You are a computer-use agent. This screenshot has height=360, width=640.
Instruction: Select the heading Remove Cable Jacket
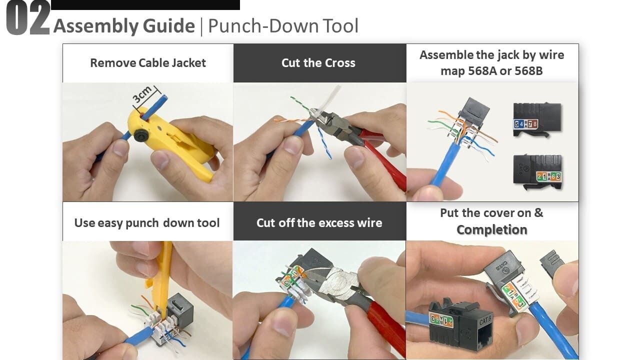click(147, 63)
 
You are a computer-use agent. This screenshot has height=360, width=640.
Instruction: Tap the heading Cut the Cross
click(318, 63)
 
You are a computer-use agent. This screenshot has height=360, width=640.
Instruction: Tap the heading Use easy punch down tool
click(147, 223)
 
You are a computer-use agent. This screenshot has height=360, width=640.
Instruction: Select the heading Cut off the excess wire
click(319, 223)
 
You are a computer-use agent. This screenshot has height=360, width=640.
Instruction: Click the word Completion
click(491, 230)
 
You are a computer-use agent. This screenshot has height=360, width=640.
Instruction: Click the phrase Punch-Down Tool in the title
click(283, 26)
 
